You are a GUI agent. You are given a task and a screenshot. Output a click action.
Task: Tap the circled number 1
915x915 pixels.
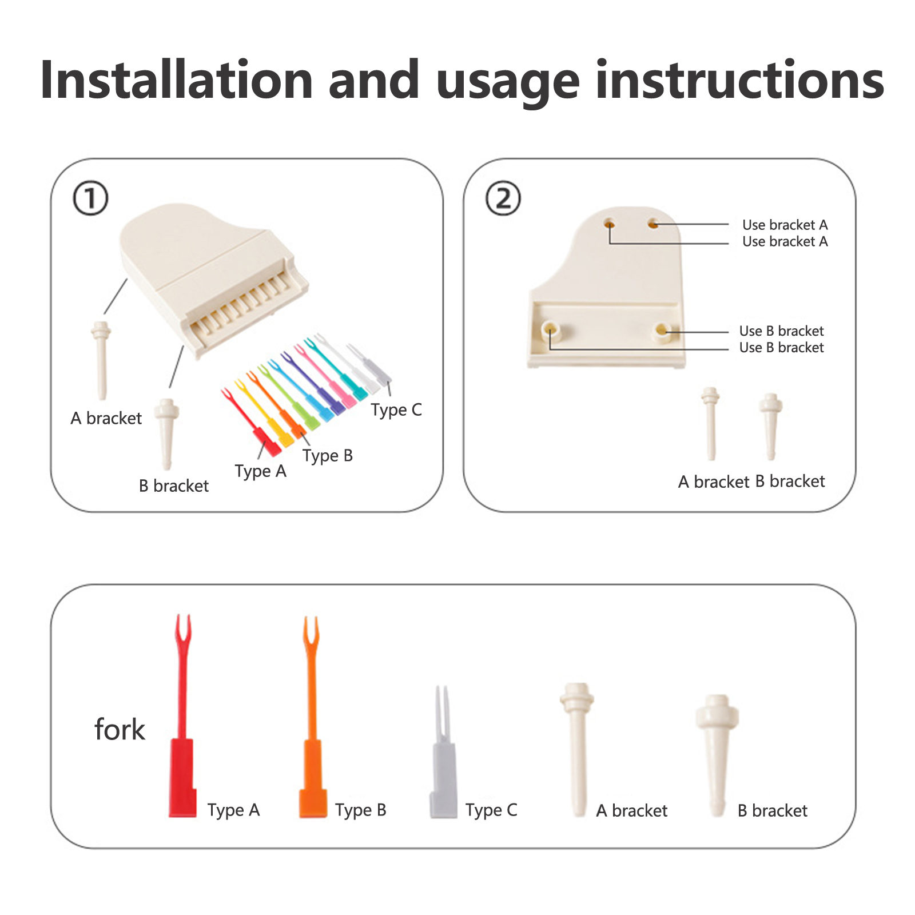(90, 198)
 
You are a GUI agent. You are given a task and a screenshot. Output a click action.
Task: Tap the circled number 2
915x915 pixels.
(503, 198)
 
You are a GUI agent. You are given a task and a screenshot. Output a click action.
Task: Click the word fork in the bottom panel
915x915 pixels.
(120, 730)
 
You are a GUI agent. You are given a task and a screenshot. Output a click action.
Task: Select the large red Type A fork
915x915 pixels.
(182, 715)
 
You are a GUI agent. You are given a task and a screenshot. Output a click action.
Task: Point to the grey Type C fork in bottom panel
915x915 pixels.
(443, 752)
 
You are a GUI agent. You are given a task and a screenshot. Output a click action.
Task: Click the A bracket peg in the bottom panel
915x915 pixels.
(577, 749)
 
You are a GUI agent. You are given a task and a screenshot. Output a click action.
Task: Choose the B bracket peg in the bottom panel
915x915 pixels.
(717, 755)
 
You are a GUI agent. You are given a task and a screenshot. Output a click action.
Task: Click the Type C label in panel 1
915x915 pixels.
(396, 410)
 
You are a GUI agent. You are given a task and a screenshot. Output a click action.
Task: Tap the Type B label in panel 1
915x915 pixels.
(328, 456)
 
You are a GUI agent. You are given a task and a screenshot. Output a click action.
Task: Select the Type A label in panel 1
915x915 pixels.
(260, 471)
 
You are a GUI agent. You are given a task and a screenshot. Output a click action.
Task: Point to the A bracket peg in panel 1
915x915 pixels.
(101, 360)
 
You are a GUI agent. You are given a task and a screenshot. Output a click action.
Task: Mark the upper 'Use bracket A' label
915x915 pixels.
(785, 225)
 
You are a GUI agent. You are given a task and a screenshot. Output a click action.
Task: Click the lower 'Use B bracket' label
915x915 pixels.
(781, 348)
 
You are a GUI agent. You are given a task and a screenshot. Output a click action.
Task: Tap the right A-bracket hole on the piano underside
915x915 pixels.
(653, 224)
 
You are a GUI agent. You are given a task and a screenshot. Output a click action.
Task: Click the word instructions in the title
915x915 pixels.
(740, 80)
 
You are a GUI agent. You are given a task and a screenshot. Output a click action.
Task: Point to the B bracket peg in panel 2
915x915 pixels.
(771, 426)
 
